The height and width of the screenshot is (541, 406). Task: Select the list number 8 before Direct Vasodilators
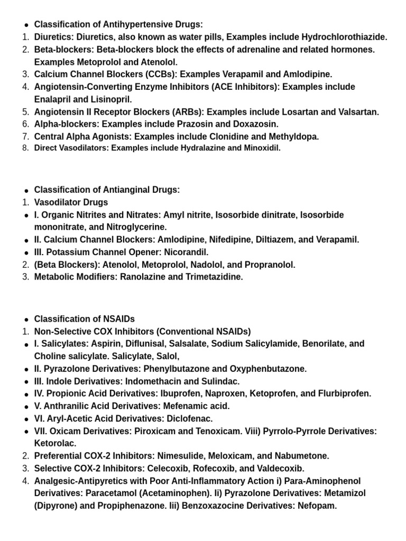25,148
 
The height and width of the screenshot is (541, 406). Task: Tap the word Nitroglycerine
136,227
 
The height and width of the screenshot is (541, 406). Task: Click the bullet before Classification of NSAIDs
25,320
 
